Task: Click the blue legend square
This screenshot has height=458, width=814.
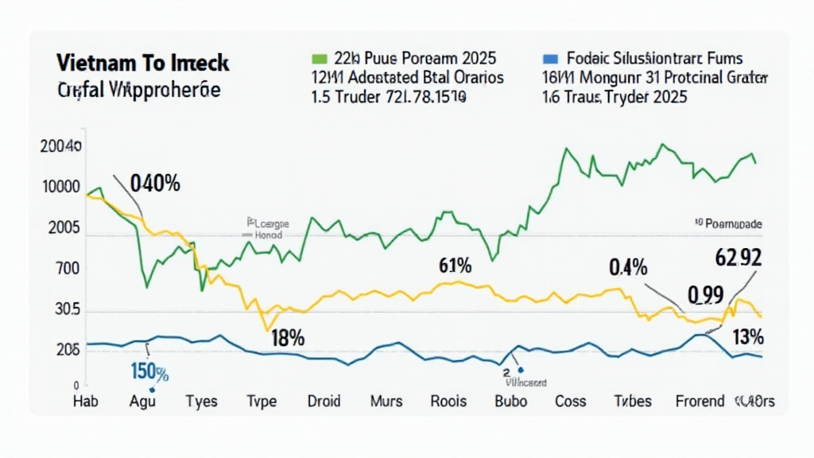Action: [548, 58]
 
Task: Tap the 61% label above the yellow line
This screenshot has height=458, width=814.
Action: [455, 266]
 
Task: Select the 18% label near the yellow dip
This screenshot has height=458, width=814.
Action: [288, 337]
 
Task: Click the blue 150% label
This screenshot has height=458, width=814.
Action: [149, 371]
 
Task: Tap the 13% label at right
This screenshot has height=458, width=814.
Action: [748, 337]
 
